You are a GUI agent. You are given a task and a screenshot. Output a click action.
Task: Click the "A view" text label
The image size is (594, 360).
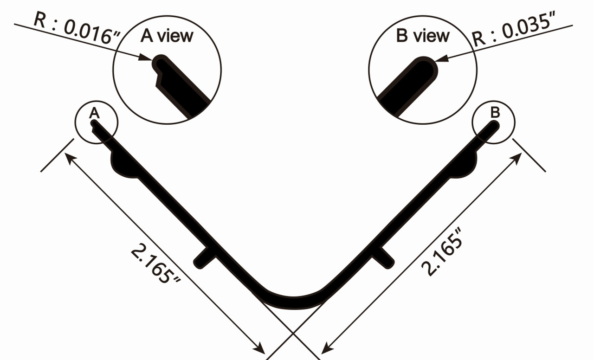[x=167, y=36]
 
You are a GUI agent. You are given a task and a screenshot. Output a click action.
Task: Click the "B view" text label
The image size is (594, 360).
[x=423, y=36]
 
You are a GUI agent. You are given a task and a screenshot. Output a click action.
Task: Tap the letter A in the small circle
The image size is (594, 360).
[x=94, y=112]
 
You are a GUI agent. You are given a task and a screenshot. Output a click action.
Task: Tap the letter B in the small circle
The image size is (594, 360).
[x=495, y=112]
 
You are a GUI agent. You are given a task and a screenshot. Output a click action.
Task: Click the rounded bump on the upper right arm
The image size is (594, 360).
[x=466, y=165]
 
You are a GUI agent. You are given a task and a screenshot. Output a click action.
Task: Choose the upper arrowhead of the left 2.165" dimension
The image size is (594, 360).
[x=69, y=158]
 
